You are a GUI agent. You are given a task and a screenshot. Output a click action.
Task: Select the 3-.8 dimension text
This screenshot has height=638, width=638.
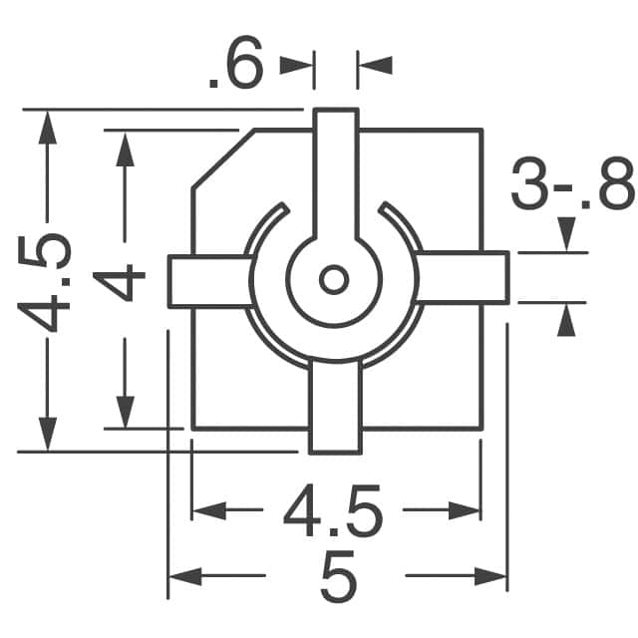click(571, 186)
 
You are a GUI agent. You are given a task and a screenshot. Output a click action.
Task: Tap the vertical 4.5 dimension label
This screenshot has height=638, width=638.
click(45, 282)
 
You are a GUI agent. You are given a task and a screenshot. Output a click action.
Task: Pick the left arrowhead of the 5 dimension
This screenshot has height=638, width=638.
click(182, 576)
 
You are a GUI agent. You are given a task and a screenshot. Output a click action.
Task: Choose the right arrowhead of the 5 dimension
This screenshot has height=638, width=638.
click(492, 576)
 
